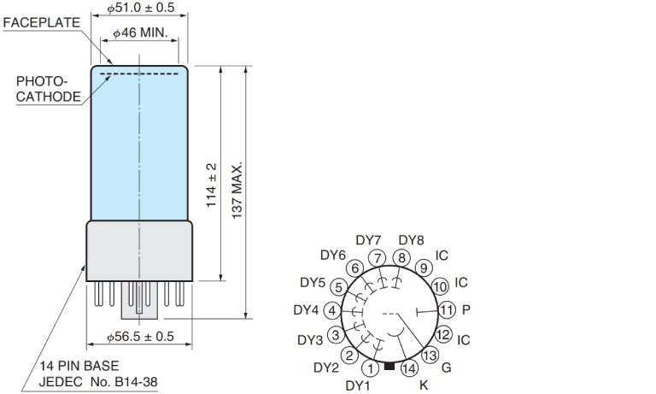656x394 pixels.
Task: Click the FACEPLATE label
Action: tap(41, 22)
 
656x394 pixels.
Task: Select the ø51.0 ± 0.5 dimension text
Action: tap(141, 8)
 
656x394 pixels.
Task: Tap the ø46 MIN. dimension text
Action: tap(140, 32)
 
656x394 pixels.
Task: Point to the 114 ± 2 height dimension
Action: tap(211, 185)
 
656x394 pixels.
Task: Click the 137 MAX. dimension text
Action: tap(237, 190)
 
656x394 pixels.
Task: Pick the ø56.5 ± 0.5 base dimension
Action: tap(140, 336)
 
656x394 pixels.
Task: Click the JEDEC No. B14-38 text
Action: tap(98, 381)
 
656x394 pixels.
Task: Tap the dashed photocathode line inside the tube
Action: tap(139, 74)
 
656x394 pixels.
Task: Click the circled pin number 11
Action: tap(447, 310)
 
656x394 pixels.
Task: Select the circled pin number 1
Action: tap(370, 368)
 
